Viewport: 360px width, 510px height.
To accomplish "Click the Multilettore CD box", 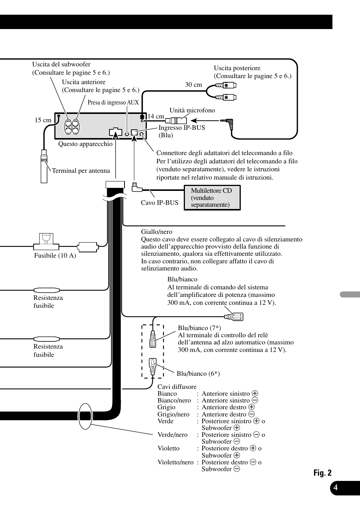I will click(212, 198).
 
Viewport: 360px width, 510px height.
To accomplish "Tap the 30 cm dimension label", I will click(193, 85).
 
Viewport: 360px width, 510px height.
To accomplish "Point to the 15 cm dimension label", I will click(43, 120).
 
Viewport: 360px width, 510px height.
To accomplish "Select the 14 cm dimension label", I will click(156, 117).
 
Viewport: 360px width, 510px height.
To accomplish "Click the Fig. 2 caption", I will click(322, 473).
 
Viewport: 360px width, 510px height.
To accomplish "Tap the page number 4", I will click(335, 487).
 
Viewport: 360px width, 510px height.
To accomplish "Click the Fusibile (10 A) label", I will click(55, 256).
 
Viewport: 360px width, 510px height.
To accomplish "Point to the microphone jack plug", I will click(227, 121).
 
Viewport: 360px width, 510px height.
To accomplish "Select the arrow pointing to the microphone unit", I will click(204, 121).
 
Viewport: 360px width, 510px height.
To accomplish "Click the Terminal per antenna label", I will click(81, 171).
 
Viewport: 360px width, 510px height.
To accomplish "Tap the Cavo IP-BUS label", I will click(160, 203).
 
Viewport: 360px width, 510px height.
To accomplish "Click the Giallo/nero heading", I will click(157, 232).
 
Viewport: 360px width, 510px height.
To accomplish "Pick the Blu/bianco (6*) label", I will click(198, 374).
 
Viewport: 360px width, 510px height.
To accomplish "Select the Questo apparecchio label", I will click(85, 144).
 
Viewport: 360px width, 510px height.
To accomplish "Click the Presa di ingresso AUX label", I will click(113, 103).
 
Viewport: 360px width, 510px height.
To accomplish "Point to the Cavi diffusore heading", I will click(177, 387).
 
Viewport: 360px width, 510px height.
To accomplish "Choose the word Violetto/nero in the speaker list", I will click(175, 462).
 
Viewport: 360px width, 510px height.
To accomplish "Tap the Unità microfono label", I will click(192, 111).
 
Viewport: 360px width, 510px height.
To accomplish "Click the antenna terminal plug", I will click(44, 166).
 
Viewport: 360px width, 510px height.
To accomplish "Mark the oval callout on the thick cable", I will click(85, 416).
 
